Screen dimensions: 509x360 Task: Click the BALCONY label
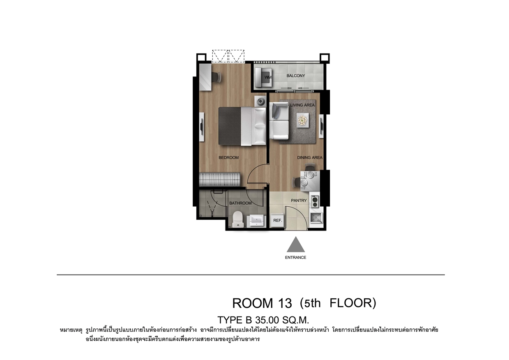[x=296, y=76]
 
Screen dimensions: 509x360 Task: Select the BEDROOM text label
[x=228, y=157]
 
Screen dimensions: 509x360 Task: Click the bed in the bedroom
[x=242, y=126]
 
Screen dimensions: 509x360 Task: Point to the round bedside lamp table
[x=260, y=101]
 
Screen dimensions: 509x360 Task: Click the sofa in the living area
[x=279, y=121]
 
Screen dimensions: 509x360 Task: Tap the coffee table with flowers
[x=302, y=120]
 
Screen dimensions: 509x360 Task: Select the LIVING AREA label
[x=302, y=105]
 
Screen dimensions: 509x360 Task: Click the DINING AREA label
[x=310, y=157]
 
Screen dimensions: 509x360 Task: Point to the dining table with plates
[x=310, y=181]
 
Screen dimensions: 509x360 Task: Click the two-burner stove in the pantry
[x=315, y=202]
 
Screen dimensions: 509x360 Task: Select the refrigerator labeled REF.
[x=277, y=220]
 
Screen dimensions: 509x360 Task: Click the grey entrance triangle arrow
[x=296, y=245]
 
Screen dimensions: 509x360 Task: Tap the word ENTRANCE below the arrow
[x=296, y=258]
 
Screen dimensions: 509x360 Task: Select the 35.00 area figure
[x=267, y=320]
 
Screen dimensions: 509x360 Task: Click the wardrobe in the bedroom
[x=220, y=180]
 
